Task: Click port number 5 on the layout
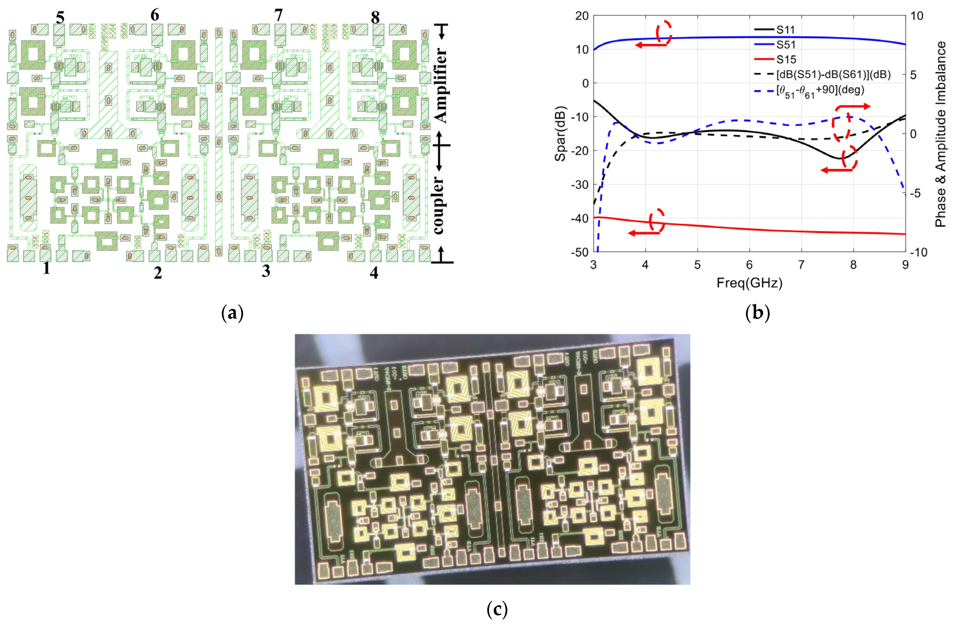pyautogui.click(x=60, y=18)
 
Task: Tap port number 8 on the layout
pyautogui.click(x=375, y=18)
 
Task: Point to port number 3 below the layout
pyautogui.click(x=266, y=271)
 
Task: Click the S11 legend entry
pyautogui.click(x=785, y=30)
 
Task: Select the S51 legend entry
pyautogui.click(x=785, y=45)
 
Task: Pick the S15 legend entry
pyautogui.click(x=785, y=60)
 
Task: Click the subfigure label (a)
pyautogui.click(x=232, y=313)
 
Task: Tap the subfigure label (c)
pyautogui.click(x=497, y=610)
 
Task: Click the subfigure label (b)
pyautogui.click(x=758, y=313)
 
